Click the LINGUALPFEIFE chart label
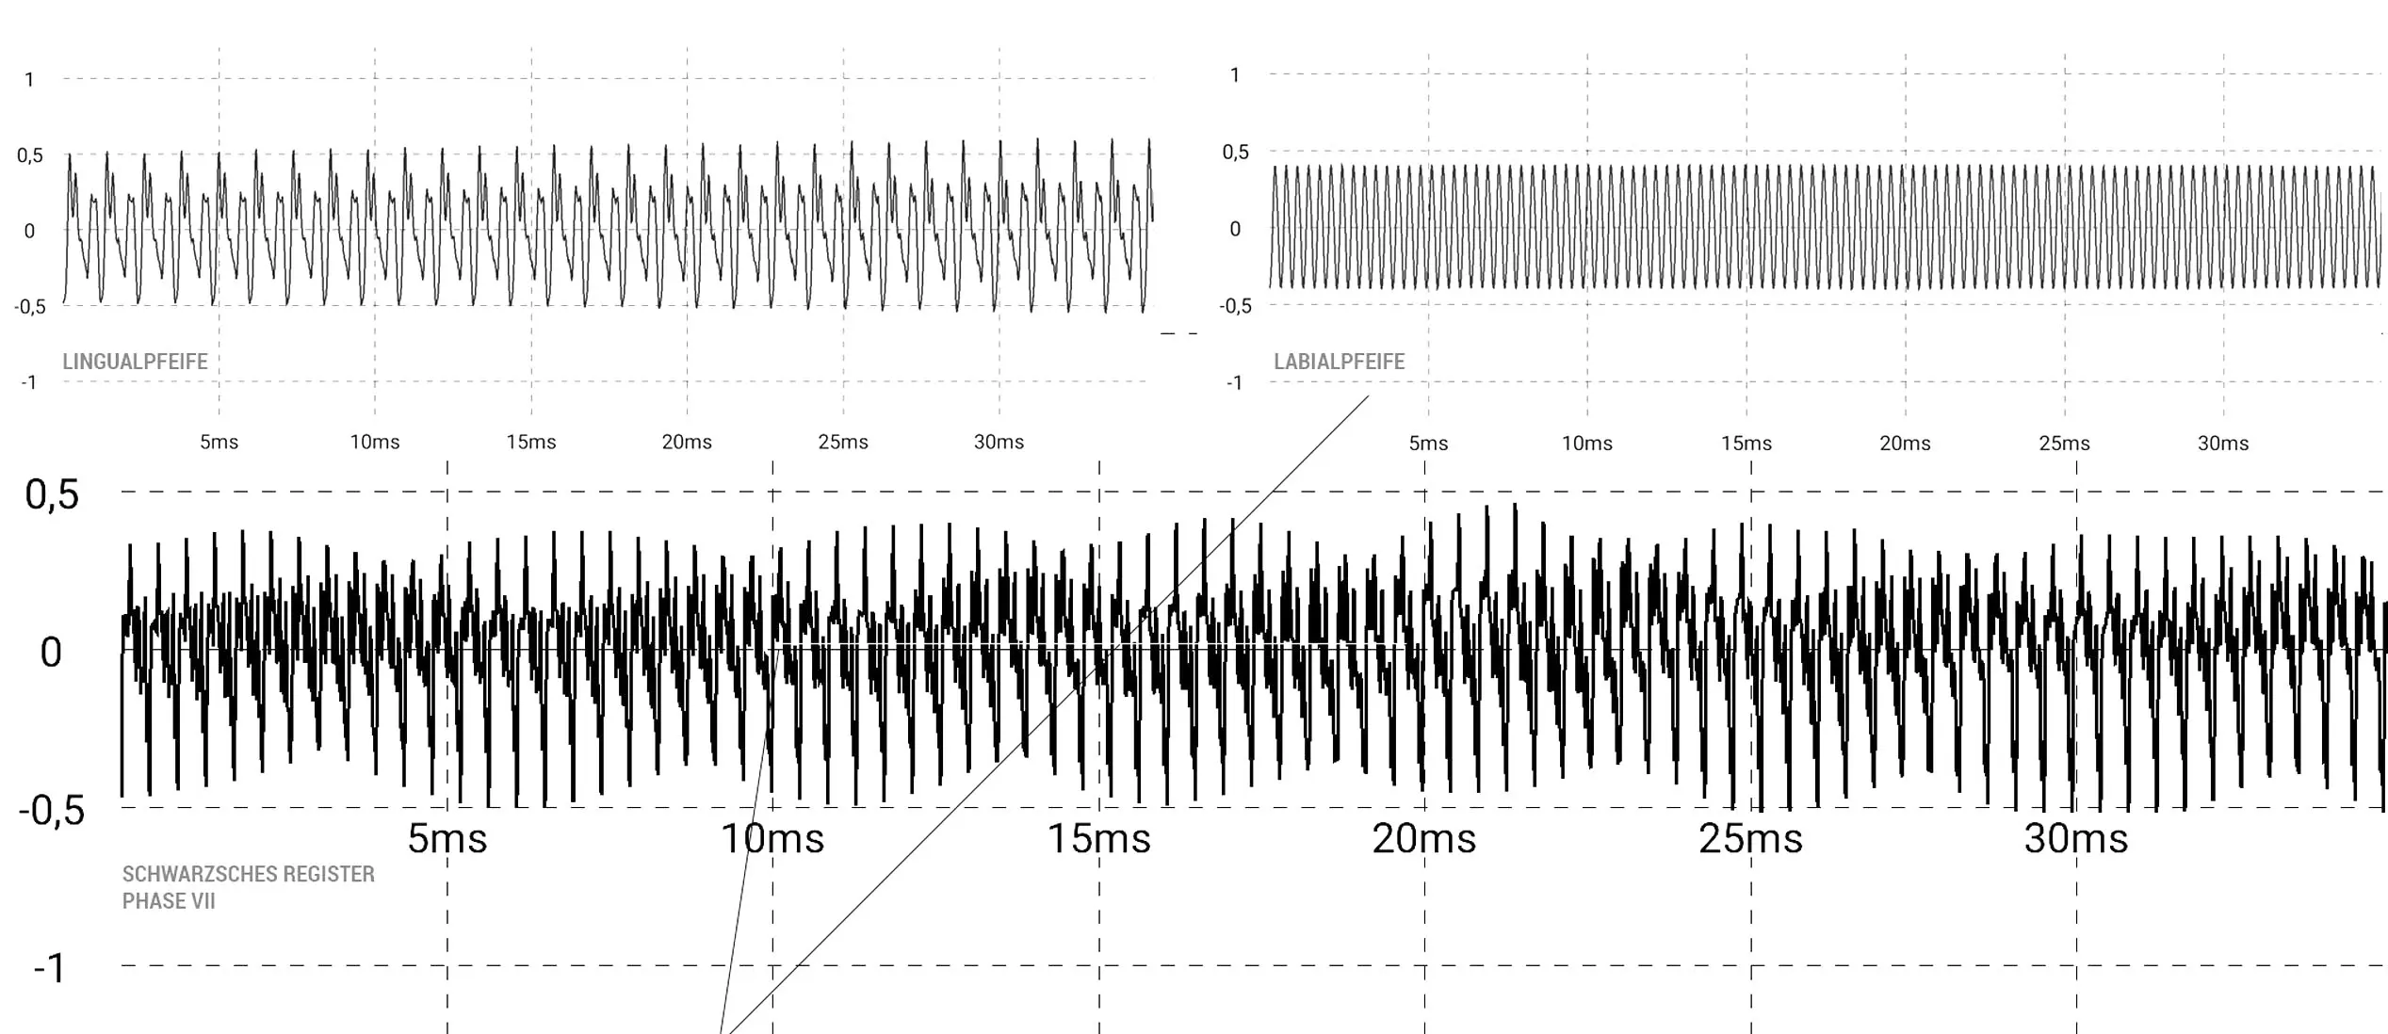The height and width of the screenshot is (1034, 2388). click(135, 362)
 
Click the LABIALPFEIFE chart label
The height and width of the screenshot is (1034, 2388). click(1339, 362)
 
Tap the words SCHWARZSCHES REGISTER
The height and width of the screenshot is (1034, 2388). click(249, 874)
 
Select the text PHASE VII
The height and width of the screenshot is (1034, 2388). click(169, 901)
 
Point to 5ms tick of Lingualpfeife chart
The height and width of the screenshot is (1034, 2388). click(219, 442)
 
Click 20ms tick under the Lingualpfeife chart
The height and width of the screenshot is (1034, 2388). click(687, 442)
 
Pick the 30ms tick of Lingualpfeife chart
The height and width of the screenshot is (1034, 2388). click(999, 442)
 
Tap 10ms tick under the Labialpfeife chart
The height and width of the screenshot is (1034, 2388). click(1587, 444)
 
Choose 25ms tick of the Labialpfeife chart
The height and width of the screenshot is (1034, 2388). click(2064, 444)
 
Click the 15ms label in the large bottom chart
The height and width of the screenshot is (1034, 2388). click(1099, 838)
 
